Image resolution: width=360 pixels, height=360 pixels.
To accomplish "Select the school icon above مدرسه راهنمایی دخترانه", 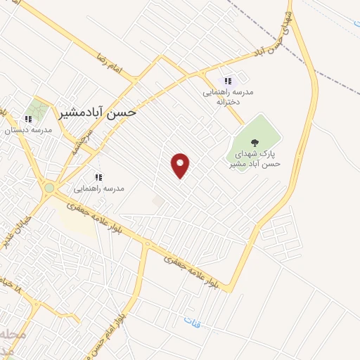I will (x=227, y=81).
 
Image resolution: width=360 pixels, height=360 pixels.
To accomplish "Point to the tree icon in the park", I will (x=255, y=143).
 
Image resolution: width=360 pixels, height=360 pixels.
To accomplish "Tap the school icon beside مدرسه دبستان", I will (x=29, y=120).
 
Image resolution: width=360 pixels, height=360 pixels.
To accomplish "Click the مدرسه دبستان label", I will (x=24, y=130).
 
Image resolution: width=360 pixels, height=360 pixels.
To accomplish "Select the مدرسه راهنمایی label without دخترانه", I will (x=99, y=188).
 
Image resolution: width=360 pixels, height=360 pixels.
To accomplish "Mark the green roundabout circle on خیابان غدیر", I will (x=49, y=188).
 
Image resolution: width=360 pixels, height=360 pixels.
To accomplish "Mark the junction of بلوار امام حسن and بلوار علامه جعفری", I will (x=147, y=243).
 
